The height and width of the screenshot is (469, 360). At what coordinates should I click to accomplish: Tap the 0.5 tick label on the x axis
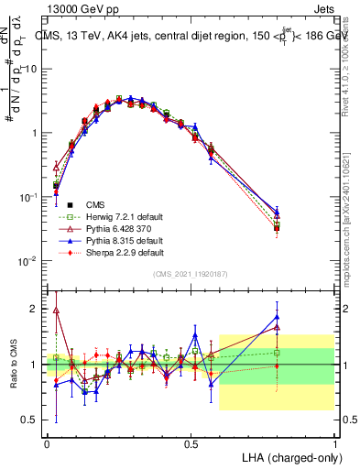click(x=191, y=442)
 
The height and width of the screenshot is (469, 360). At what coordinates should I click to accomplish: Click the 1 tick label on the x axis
click(x=334, y=442)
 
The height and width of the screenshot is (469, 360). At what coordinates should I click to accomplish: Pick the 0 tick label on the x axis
click(x=47, y=442)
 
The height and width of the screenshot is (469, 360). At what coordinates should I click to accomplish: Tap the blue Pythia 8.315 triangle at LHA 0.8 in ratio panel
click(x=277, y=317)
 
